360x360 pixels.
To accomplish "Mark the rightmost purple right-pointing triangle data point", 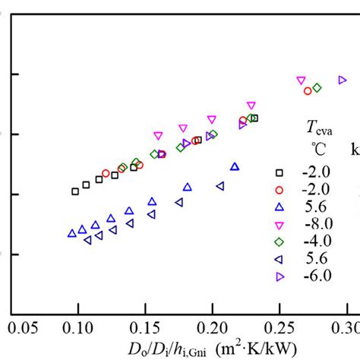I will tap(343, 80).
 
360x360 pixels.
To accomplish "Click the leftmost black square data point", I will tap(74, 191).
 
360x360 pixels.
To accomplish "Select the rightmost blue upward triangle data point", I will tap(235, 166).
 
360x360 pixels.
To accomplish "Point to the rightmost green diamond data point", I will tap(317, 87).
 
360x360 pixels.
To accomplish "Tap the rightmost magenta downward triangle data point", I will tap(301, 81).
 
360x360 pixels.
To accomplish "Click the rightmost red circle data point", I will tap(308, 91).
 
